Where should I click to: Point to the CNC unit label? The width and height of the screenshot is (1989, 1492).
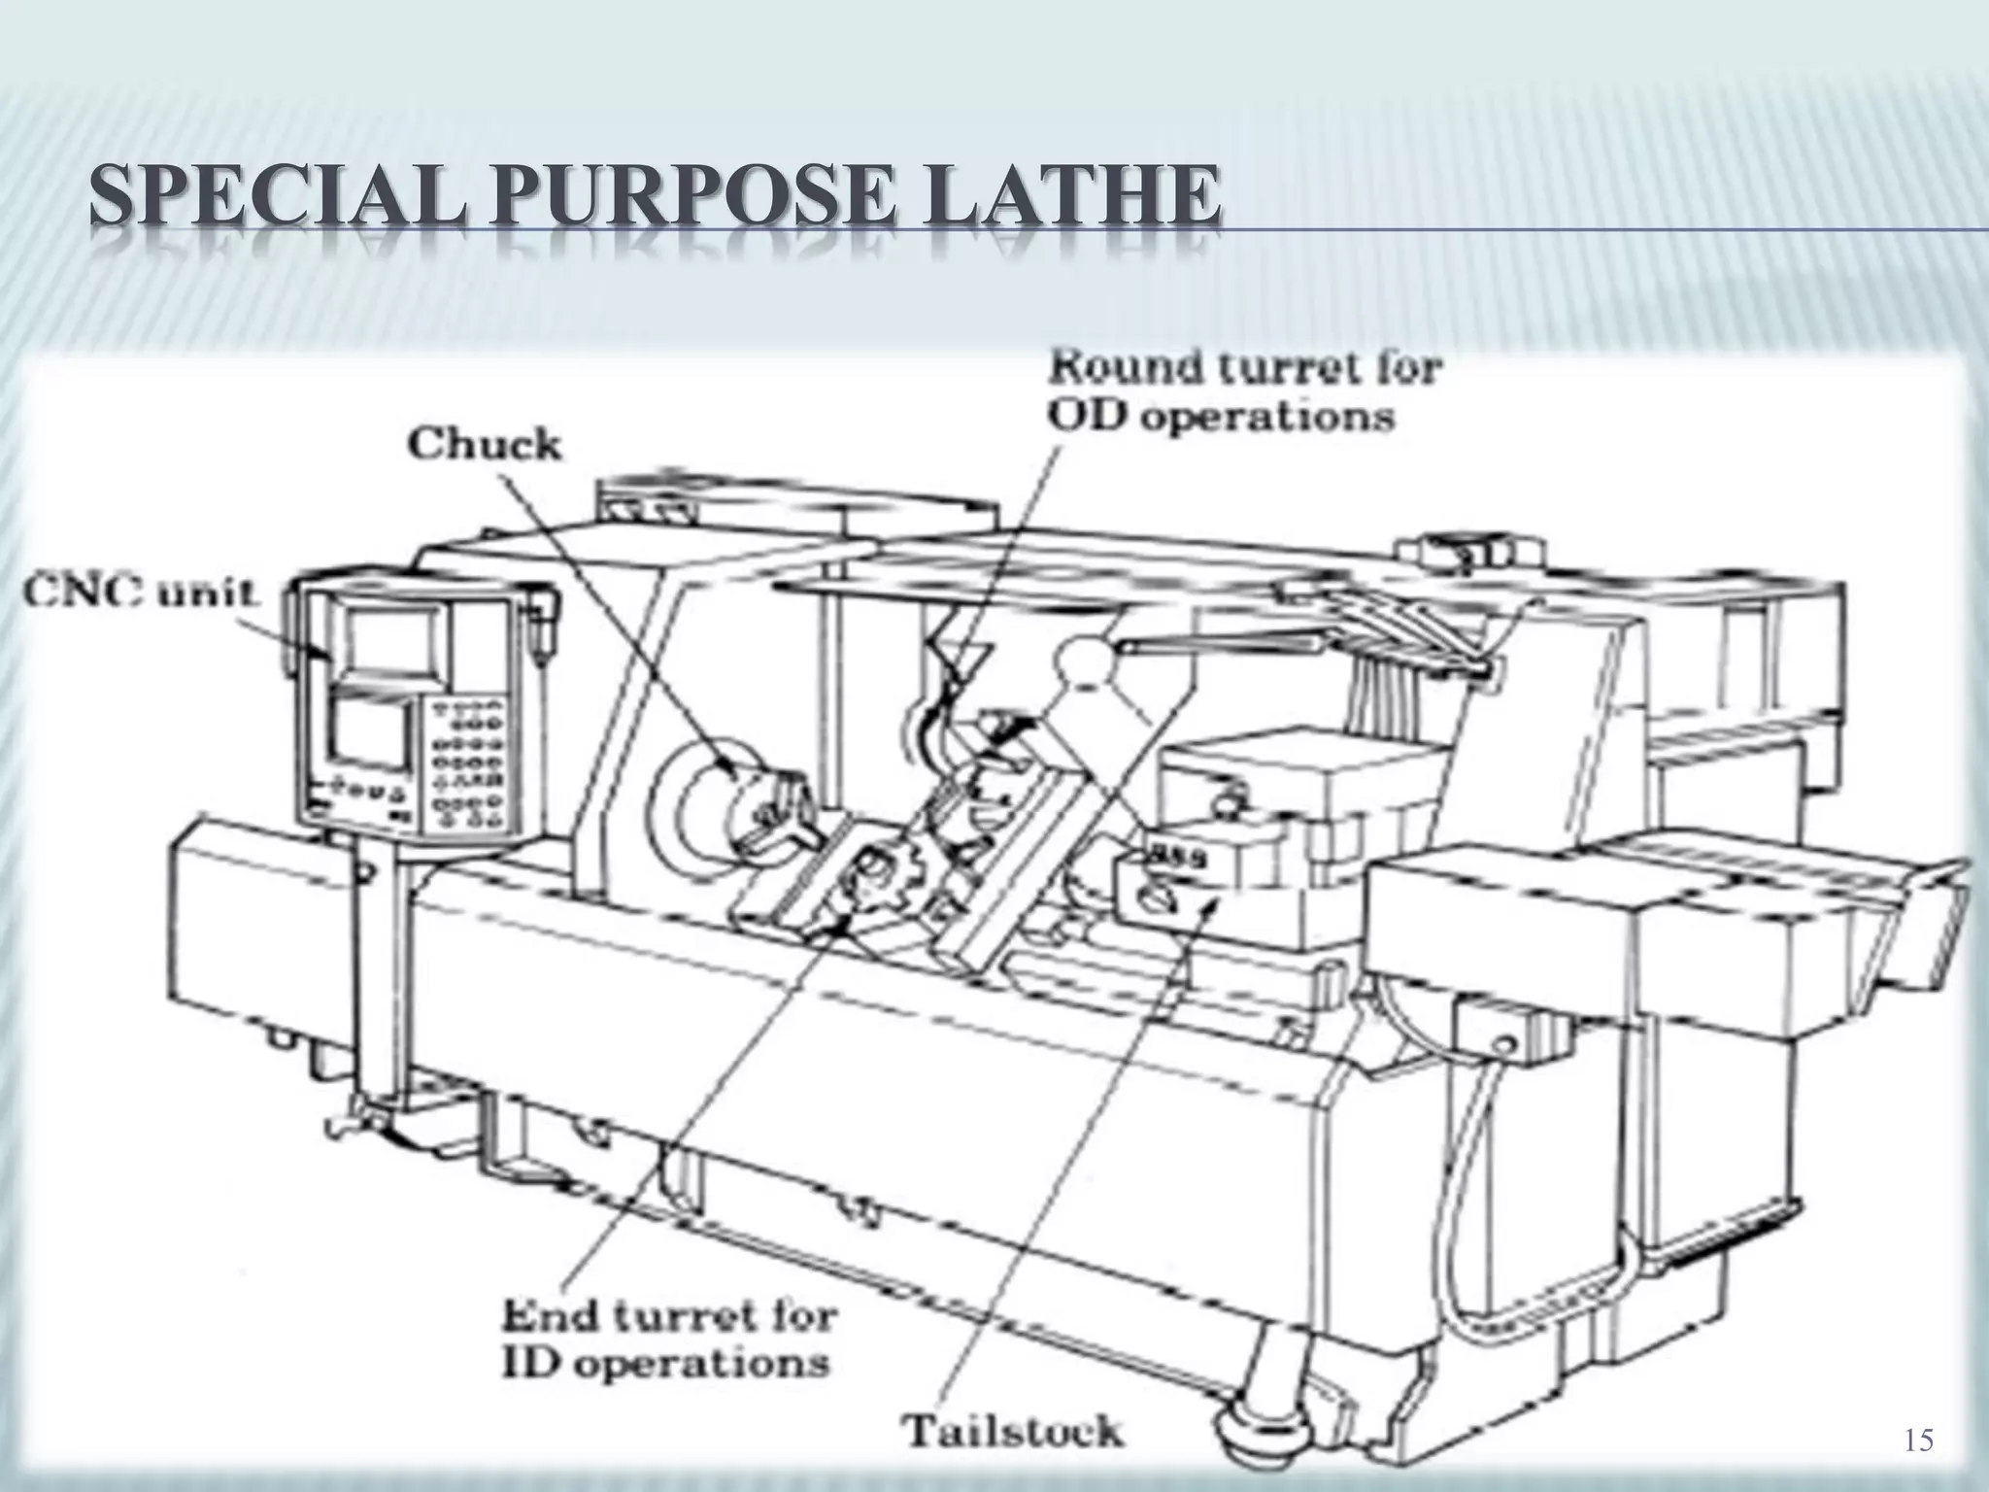[141, 593]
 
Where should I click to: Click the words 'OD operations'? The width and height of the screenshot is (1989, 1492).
[1221, 417]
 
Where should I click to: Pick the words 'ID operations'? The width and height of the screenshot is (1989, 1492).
[665, 1364]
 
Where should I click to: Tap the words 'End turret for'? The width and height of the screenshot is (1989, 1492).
[669, 1318]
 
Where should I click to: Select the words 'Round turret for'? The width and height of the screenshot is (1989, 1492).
[1245, 369]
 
